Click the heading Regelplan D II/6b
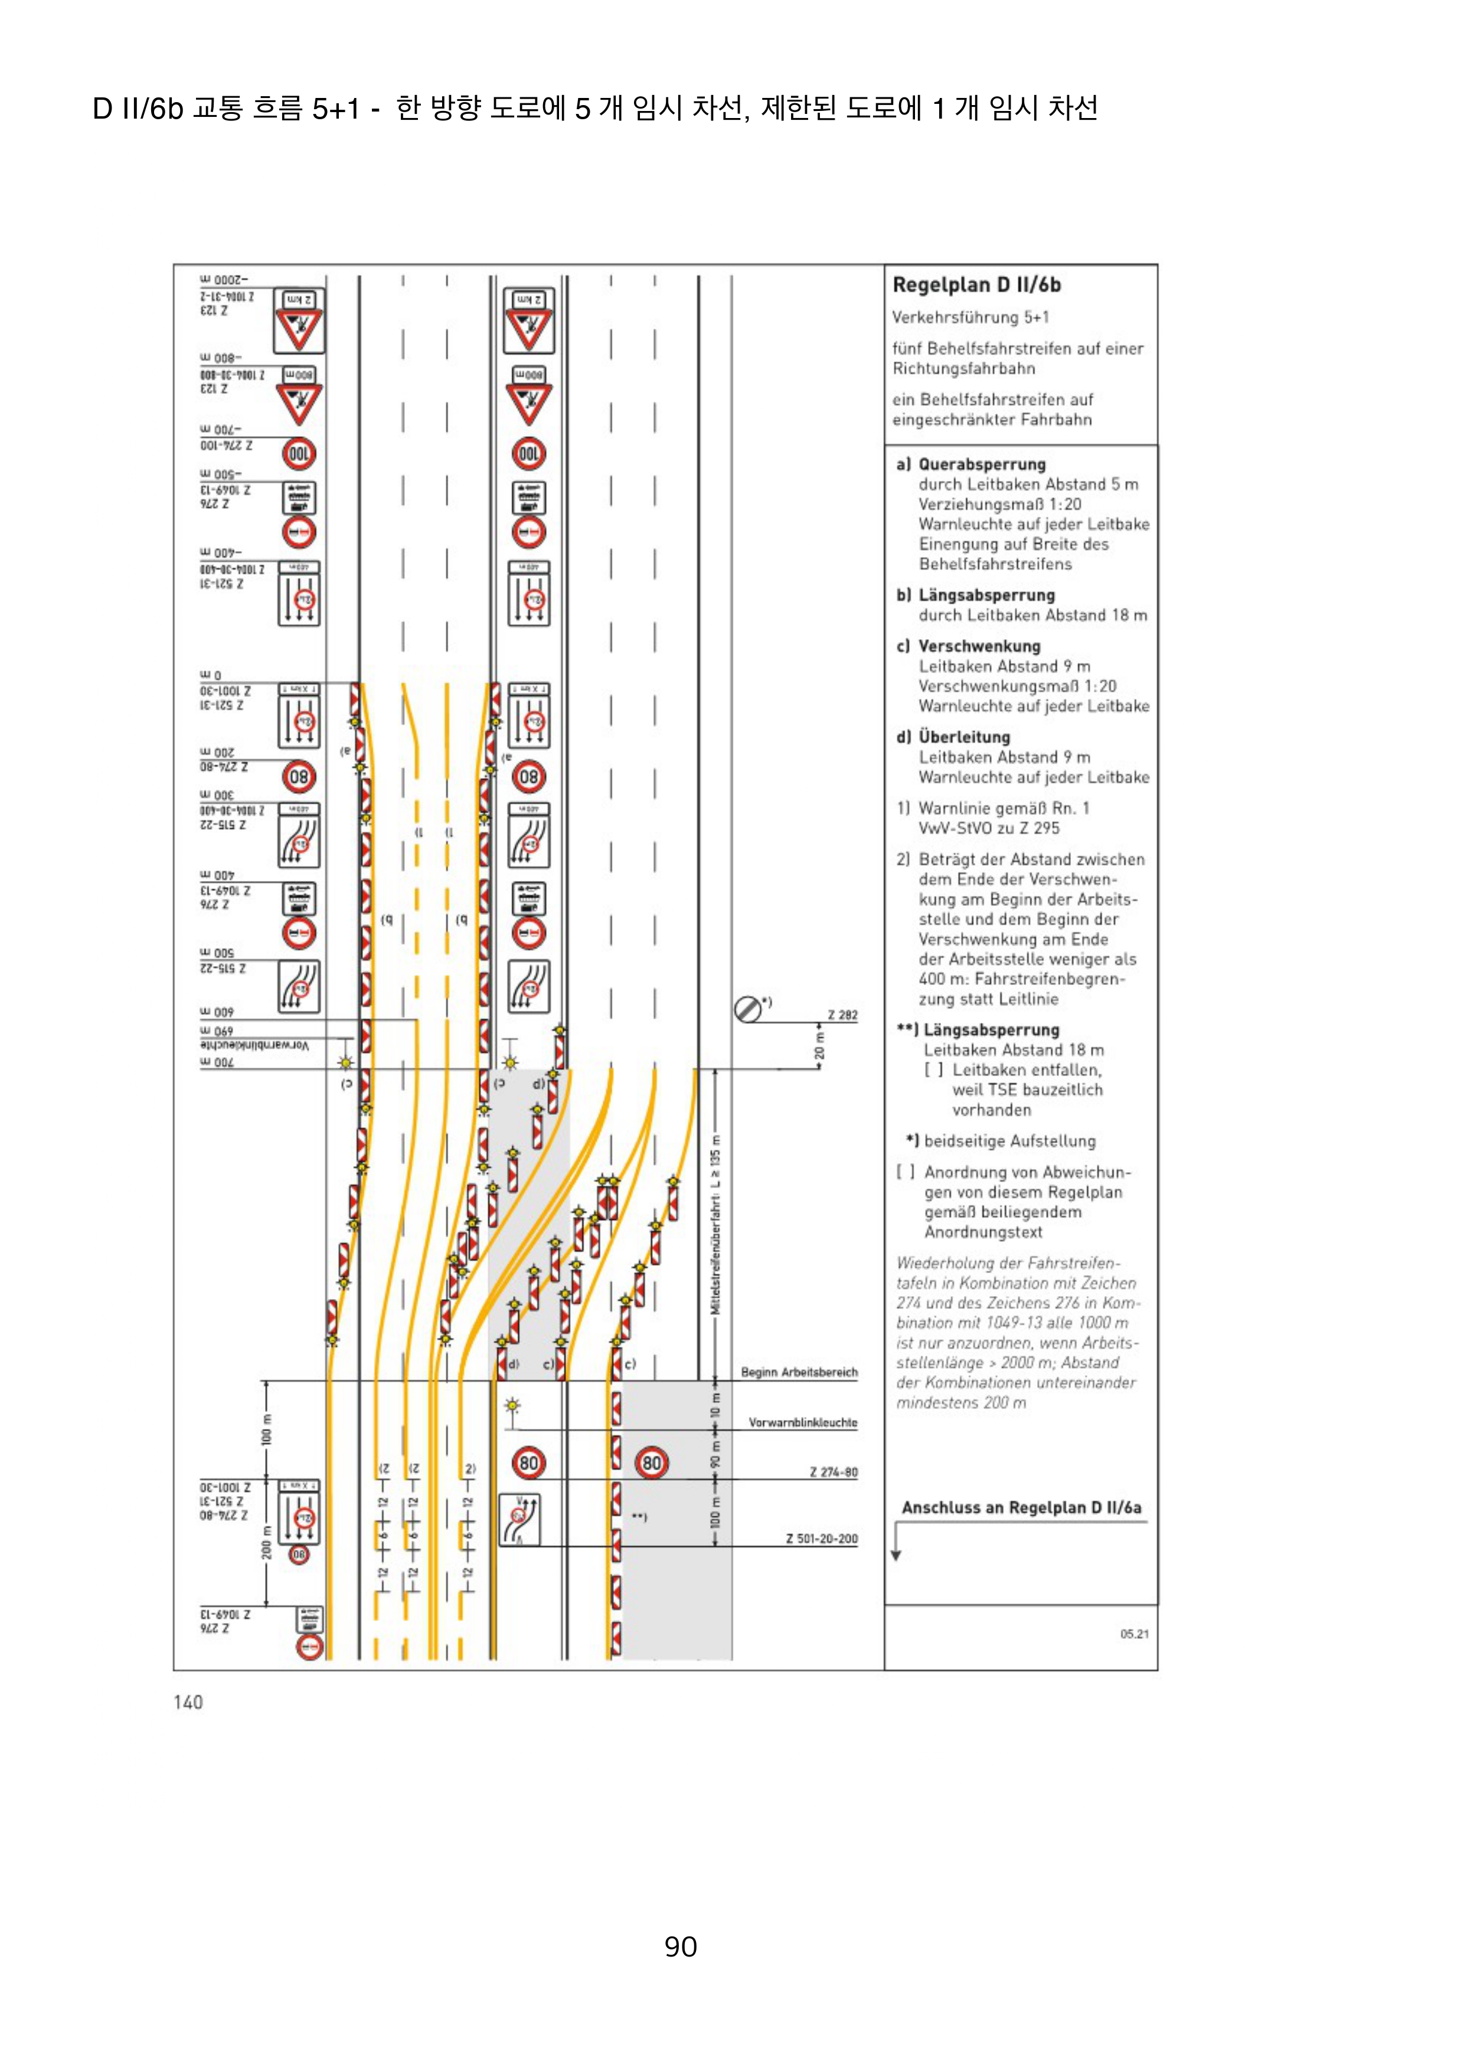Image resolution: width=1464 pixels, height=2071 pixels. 976,285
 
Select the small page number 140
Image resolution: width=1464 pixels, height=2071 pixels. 188,1702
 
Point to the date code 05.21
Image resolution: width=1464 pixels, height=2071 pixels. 1134,1634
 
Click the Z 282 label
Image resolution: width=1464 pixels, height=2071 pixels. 842,1015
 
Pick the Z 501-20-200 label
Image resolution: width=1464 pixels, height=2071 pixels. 821,1539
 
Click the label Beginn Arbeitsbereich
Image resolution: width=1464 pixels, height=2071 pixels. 799,1372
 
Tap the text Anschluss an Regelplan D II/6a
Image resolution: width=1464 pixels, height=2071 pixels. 1021,1507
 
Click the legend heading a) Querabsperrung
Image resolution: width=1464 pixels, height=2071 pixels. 970,464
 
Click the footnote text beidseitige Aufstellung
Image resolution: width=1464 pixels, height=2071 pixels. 1009,1141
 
